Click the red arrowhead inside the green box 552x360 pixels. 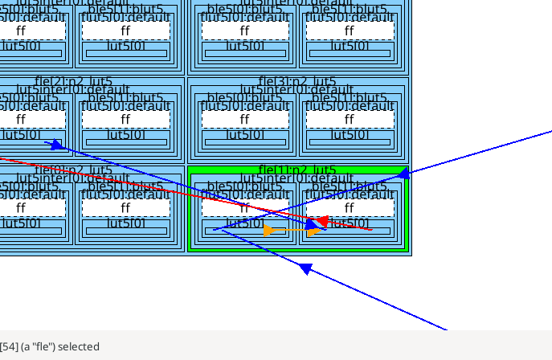[321, 220]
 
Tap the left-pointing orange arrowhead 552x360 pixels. [268, 231]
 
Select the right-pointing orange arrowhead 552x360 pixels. [314, 231]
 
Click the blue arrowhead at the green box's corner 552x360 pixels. [404, 173]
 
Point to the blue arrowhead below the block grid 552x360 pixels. [305, 269]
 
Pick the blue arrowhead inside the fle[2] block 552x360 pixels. [56, 145]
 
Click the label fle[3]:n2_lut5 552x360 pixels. [297, 81]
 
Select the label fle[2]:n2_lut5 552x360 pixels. [74, 81]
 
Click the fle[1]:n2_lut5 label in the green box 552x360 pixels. [297, 170]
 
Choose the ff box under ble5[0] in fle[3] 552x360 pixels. [245, 119]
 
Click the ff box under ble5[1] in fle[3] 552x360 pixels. [350, 119]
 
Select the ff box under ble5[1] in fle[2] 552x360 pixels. [125, 119]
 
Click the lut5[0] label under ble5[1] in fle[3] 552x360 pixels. [350, 134]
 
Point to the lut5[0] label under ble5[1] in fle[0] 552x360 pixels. [125, 223]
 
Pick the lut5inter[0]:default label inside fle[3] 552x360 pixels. [297, 90]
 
